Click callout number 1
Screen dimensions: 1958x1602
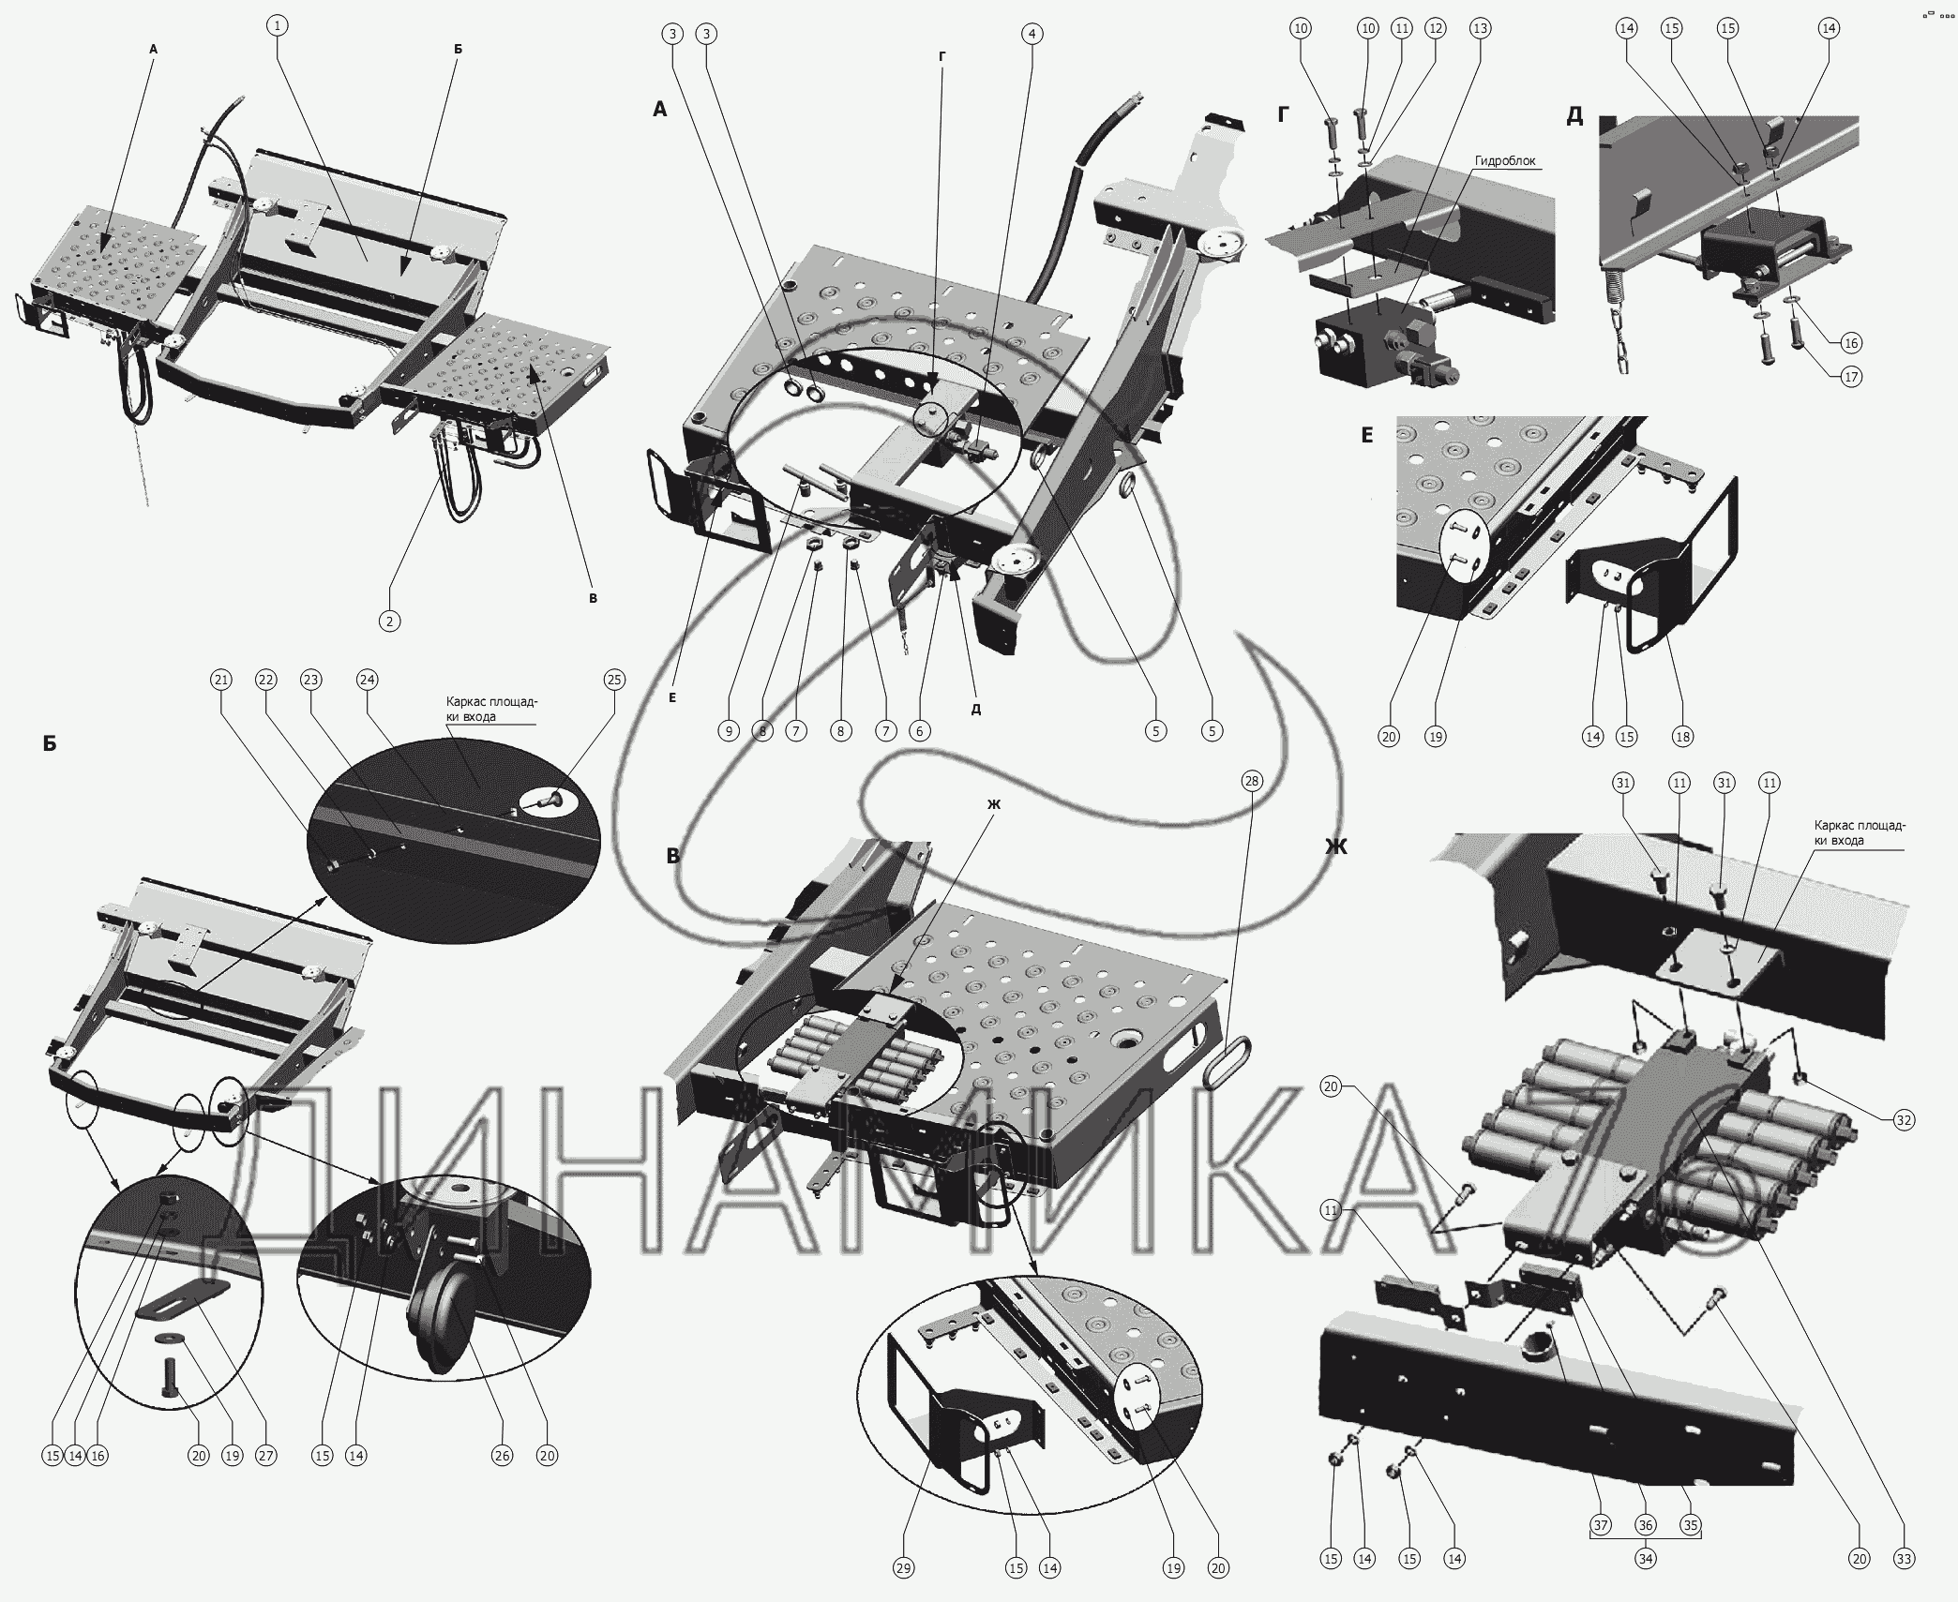[x=277, y=26]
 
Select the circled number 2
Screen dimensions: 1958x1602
[x=389, y=620]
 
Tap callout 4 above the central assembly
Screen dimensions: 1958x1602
[x=1032, y=35]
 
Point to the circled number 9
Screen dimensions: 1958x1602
[x=730, y=730]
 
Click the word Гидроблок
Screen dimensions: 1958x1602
[x=1505, y=161]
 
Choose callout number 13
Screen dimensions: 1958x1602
[x=1479, y=29]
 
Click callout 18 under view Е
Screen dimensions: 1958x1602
[x=1683, y=736]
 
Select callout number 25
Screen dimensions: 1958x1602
[x=614, y=680]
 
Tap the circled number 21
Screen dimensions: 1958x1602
[x=221, y=680]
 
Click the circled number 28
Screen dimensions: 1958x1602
[x=1251, y=781]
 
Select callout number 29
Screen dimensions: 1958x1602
[x=903, y=1568]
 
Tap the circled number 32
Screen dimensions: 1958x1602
[x=1904, y=1120]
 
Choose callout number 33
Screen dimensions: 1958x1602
[x=1904, y=1559]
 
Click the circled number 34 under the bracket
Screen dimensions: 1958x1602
[x=1646, y=1559]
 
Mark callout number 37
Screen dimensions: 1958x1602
[x=1601, y=1525]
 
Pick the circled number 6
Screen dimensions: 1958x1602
[x=920, y=730]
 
